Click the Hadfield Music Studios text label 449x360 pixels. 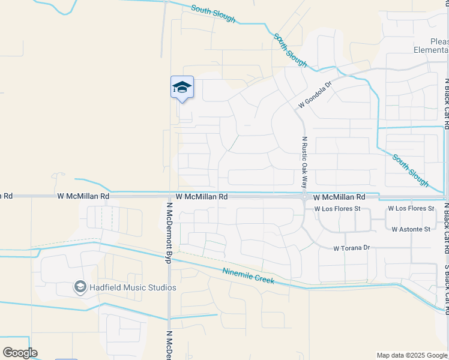click(x=133, y=287)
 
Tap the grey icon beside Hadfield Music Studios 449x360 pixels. click(x=80, y=287)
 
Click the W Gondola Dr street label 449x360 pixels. click(x=315, y=96)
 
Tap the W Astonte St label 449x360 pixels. click(x=411, y=229)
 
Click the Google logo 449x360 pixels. click(x=20, y=353)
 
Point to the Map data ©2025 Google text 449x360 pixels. click(x=412, y=355)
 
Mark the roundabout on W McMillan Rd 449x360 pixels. click(x=305, y=196)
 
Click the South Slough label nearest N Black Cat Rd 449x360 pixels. click(x=411, y=170)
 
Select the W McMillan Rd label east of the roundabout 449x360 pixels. click(x=340, y=197)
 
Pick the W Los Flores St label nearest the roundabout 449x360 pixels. click(x=338, y=208)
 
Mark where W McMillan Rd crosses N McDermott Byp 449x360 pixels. click(x=169, y=196)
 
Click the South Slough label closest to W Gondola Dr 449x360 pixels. click(x=291, y=50)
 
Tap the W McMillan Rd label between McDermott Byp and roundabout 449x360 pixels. click(x=202, y=197)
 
